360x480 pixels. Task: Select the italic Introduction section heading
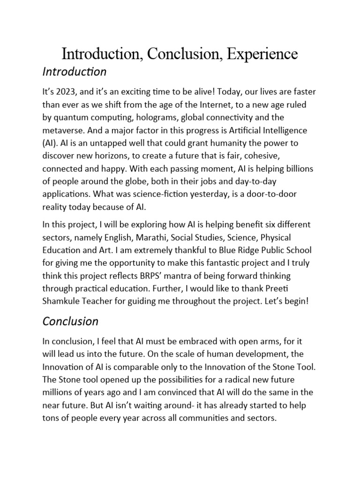75,72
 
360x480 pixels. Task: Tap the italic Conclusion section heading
70,321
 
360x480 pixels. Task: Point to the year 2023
68,92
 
